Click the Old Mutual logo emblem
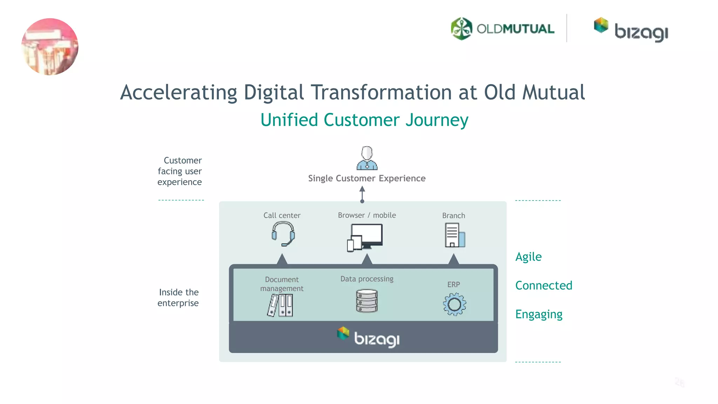click(x=461, y=29)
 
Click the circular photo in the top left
click(x=50, y=47)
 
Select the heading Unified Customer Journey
click(x=364, y=120)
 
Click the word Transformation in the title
click(x=381, y=92)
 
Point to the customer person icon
click(x=367, y=158)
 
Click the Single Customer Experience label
click(x=367, y=178)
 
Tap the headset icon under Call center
click(x=283, y=234)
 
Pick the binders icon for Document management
click(x=280, y=305)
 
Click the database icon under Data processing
click(x=367, y=301)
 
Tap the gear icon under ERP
click(x=454, y=304)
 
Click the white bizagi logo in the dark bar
click(x=368, y=337)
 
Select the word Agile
click(x=528, y=257)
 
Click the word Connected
click(x=543, y=285)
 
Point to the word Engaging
click(x=538, y=314)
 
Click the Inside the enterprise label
click(x=178, y=297)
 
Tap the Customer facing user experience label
click(x=180, y=171)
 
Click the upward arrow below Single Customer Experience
click(x=362, y=194)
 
